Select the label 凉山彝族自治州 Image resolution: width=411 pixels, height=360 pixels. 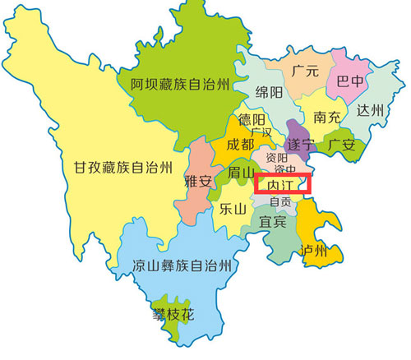181,265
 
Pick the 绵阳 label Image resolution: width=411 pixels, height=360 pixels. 271,90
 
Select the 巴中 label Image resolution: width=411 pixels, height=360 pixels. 351,81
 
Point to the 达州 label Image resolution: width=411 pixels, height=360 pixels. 371,109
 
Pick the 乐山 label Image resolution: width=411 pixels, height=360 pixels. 232,209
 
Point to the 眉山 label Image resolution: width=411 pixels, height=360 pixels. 240,173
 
